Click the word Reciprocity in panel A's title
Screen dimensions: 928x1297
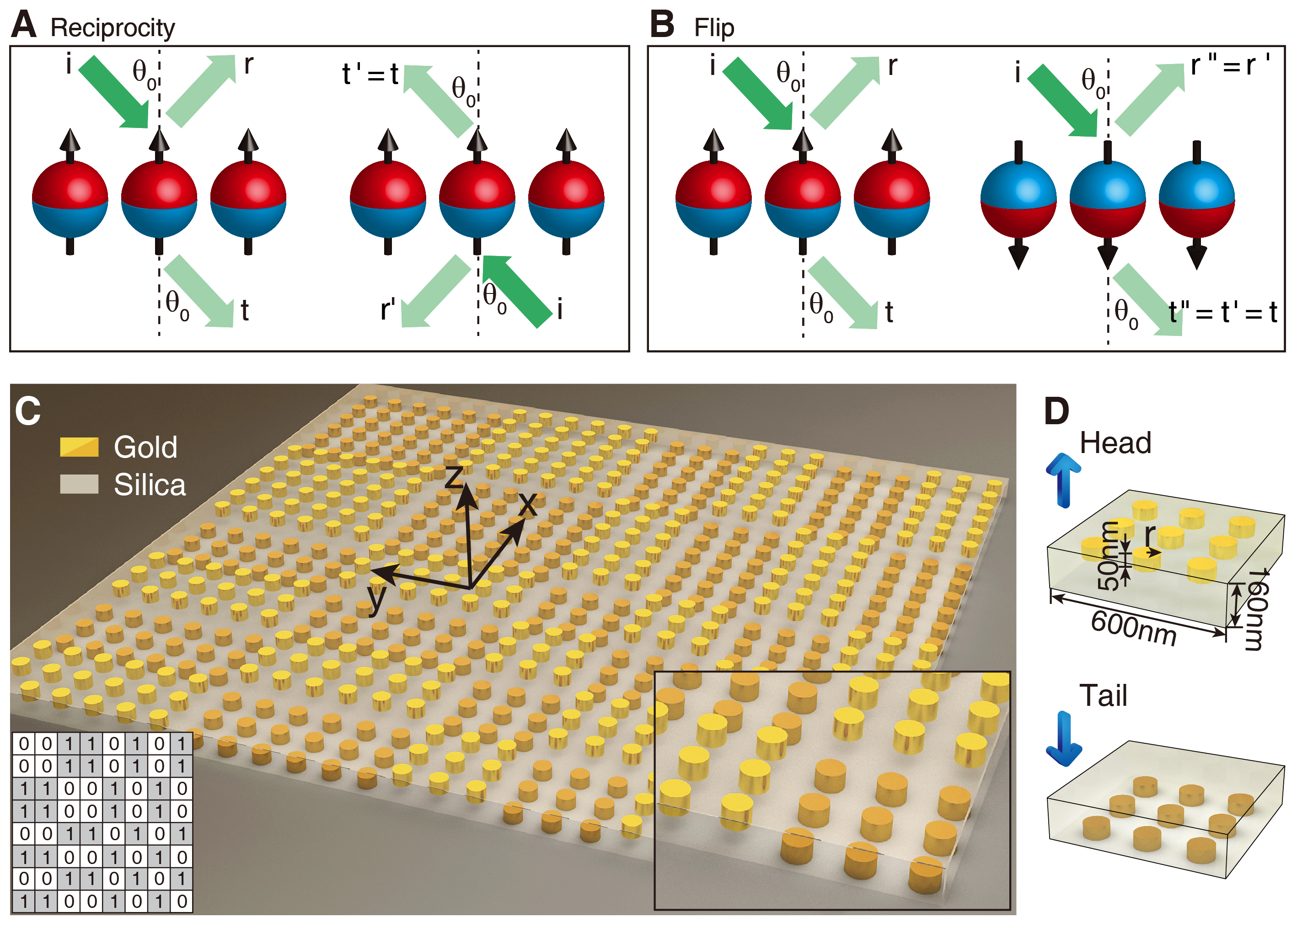point(113,27)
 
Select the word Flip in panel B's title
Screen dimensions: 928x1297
point(714,27)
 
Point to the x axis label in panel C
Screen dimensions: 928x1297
point(527,503)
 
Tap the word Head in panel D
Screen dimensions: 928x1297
point(1115,443)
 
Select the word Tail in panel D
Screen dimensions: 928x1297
point(1103,695)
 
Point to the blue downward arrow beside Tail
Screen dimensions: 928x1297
point(1064,738)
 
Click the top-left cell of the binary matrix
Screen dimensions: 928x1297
point(24,743)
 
